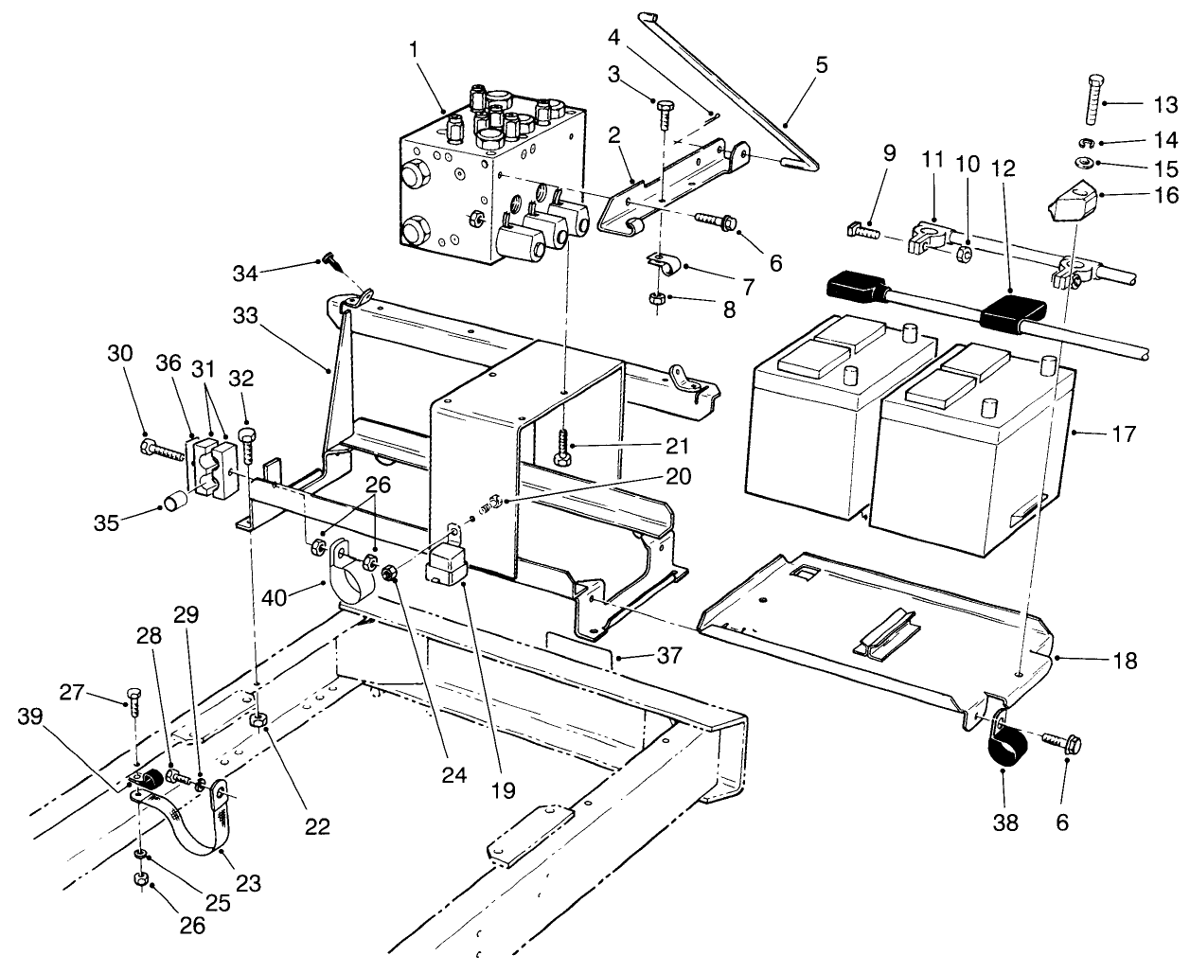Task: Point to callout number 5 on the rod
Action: [821, 65]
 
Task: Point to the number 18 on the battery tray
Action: [1124, 660]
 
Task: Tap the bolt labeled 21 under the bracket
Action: [563, 446]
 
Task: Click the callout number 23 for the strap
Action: [248, 885]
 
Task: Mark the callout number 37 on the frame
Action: [644, 655]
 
